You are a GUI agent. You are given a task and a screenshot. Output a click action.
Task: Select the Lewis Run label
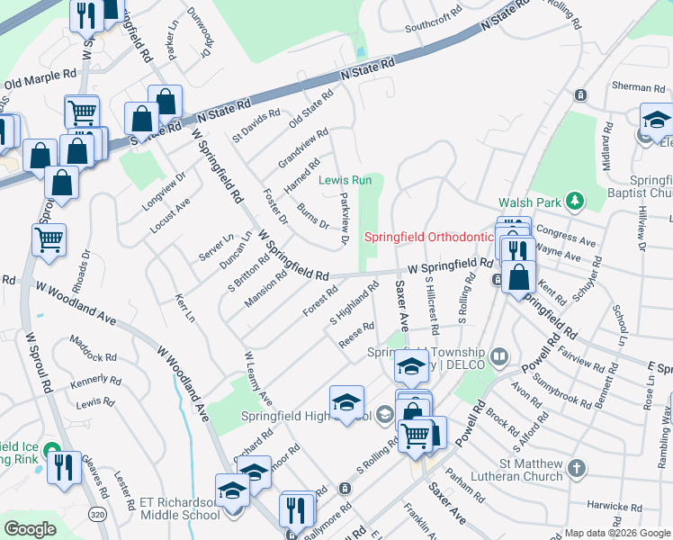point(346,180)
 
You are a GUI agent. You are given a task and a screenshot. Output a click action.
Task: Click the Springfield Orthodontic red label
point(429,238)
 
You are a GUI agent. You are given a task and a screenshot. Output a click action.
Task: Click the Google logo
point(30,529)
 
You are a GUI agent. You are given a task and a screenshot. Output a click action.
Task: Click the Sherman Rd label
point(626,87)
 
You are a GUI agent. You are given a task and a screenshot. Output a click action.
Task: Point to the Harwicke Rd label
point(621,504)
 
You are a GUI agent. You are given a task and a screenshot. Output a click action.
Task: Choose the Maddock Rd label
point(94,350)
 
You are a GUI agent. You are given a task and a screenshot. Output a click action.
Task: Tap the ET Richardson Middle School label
point(179,508)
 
